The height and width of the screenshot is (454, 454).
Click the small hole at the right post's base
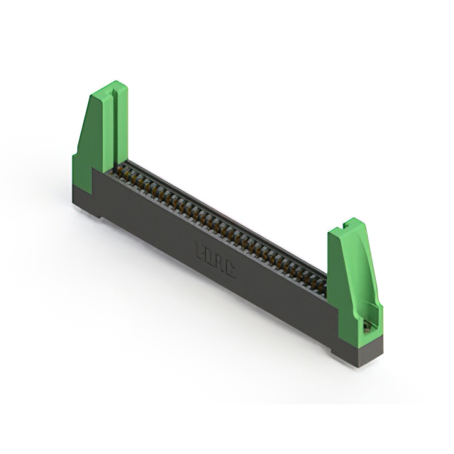pos(366,326)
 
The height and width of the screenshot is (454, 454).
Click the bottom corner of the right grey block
pos(362,365)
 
